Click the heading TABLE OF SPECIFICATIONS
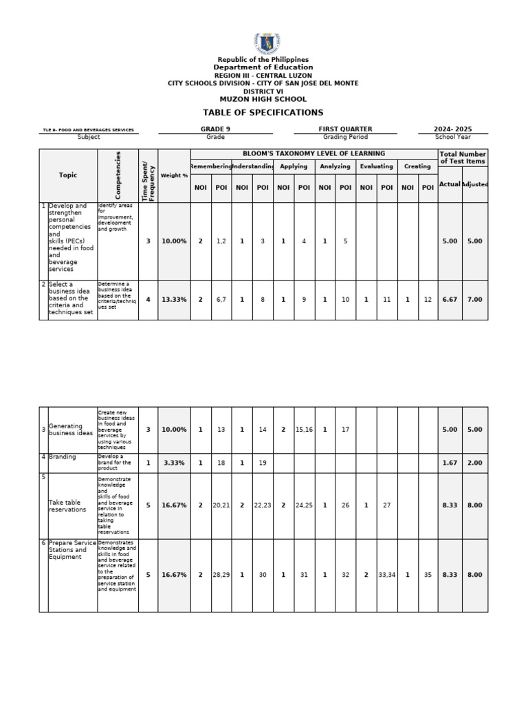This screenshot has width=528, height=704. point(263,113)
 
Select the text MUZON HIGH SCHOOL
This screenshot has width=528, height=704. point(263,100)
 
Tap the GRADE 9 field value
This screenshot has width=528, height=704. point(215,129)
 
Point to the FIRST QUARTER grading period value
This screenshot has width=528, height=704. point(345,129)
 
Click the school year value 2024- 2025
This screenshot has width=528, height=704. point(453,129)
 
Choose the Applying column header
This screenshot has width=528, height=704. point(294,166)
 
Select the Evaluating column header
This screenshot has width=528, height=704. point(377,166)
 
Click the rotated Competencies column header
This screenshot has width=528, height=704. point(118,175)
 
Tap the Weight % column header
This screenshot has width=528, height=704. point(174,175)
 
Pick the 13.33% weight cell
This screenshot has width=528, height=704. point(174,300)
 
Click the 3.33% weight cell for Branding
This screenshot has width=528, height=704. point(174,463)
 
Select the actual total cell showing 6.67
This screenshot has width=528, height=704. point(450,300)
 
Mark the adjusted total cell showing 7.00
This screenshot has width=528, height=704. point(474,300)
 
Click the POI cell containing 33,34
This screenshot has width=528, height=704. point(387,575)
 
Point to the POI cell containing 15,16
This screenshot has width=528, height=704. point(304,430)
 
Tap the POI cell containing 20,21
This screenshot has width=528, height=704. point(221,505)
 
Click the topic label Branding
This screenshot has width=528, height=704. point(63,457)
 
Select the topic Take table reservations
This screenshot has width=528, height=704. point(67,506)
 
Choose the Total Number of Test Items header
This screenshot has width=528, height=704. point(463,157)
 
